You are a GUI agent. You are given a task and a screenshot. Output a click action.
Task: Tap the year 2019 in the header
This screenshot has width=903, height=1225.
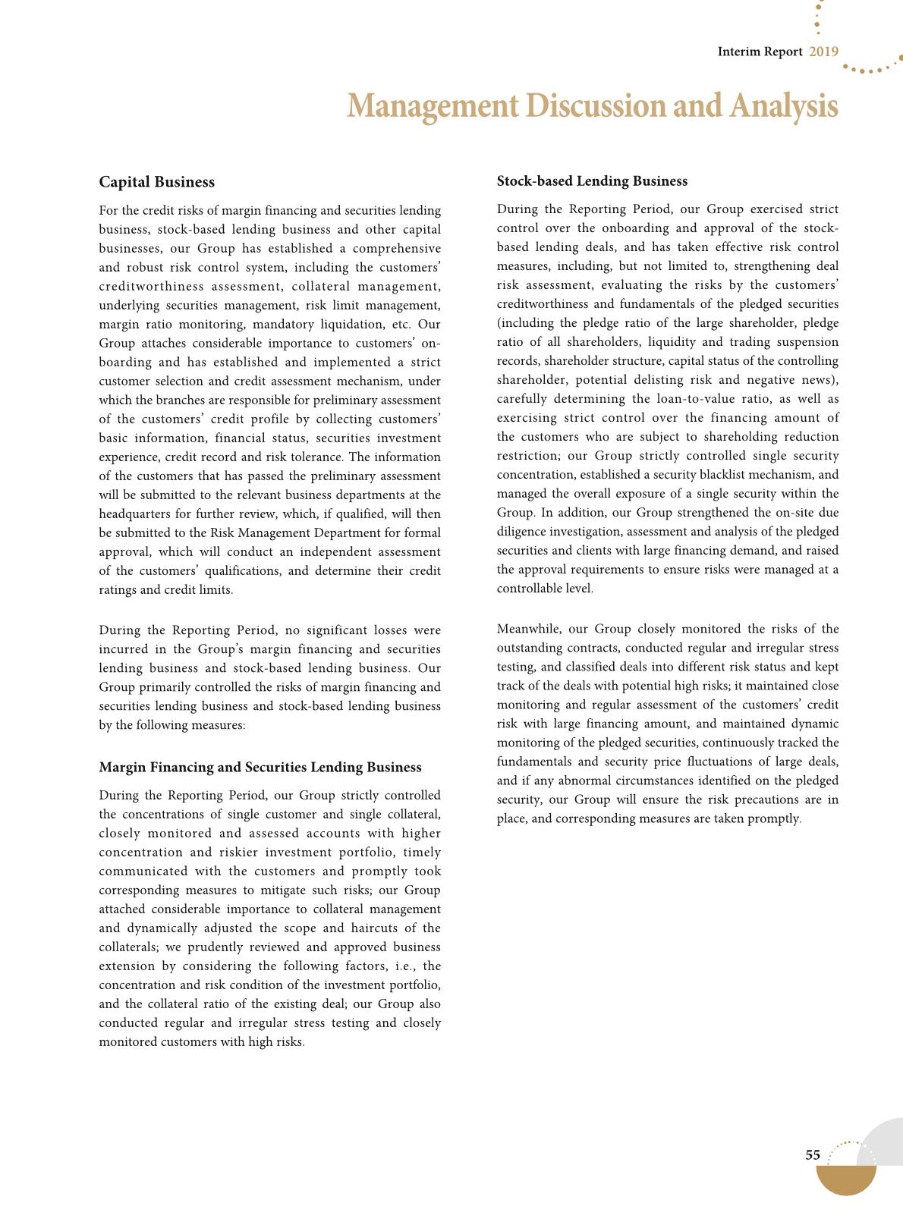tap(823, 52)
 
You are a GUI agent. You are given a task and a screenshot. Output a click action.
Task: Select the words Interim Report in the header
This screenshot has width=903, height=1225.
tap(760, 52)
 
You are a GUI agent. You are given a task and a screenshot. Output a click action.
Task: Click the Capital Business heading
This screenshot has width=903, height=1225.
tap(156, 182)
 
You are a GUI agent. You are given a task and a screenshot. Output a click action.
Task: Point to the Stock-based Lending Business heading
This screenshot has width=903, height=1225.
tap(592, 181)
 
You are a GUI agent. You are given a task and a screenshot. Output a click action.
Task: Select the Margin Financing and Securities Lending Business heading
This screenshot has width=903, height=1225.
tap(260, 768)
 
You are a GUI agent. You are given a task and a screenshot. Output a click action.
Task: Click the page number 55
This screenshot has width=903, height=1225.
tap(813, 1155)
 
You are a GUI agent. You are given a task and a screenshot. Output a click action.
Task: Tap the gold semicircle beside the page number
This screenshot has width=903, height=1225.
tap(846, 1179)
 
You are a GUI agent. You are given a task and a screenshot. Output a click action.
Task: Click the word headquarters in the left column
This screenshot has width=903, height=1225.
tap(134, 514)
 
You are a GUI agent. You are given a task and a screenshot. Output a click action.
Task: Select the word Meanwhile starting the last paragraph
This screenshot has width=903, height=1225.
tap(528, 629)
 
